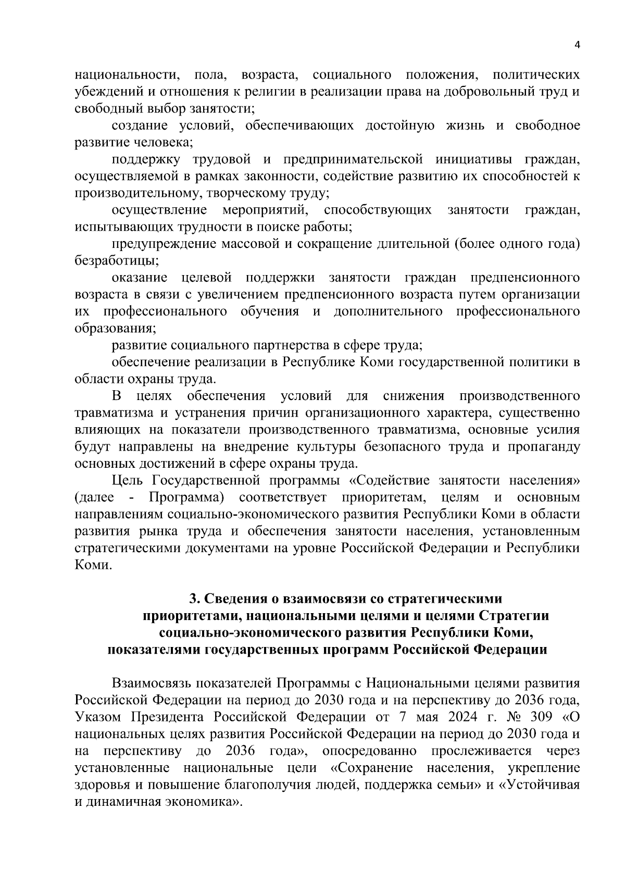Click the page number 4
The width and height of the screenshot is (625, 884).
tap(577, 45)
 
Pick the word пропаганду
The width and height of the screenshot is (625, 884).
tap(544, 447)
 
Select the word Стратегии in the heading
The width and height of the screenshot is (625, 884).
tap(514, 616)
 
